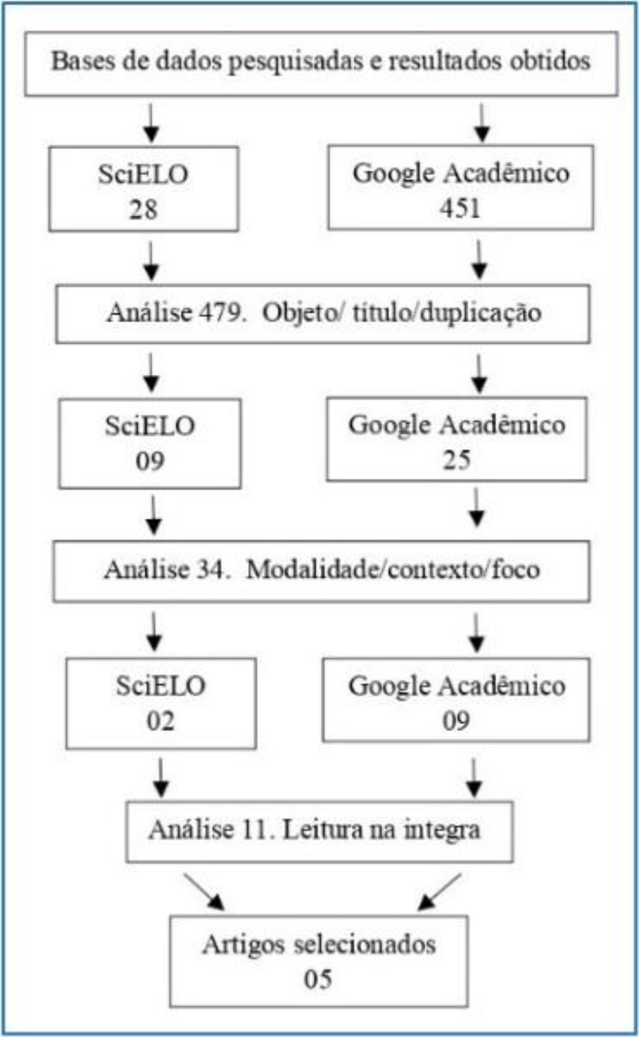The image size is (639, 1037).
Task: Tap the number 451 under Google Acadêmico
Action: (460, 208)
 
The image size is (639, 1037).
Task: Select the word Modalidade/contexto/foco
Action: (393, 569)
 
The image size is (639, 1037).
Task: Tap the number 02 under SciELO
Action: (160, 721)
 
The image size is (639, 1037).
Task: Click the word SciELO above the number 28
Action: (143, 174)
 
